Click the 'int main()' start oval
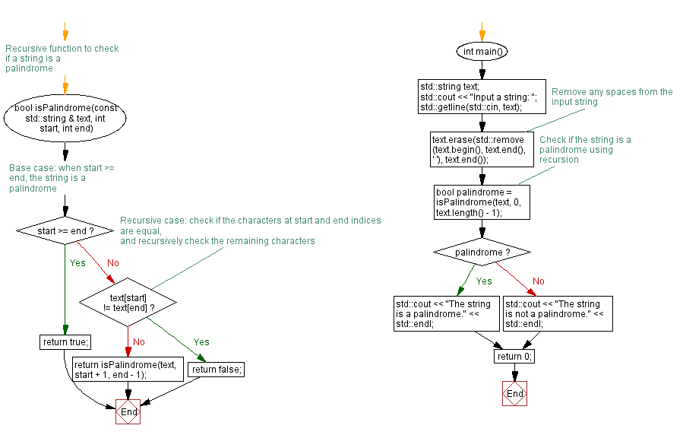point(482,52)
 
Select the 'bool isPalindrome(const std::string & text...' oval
point(65,118)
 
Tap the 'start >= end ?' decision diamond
point(65,230)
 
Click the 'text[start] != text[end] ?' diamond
point(128,302)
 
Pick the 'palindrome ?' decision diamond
point(482,252)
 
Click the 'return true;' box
point(65,342)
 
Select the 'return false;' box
point(217,370)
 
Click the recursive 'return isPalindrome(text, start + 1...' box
point(125,370)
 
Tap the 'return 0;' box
point(514,357)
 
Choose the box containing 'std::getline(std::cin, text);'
point(482,97)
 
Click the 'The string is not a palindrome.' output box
point(558,313)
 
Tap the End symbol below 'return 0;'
point(514,394)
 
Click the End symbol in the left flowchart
point(128,411)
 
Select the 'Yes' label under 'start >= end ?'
point(77,263)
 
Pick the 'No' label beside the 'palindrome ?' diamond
point(538,281)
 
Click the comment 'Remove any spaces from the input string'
point(612,97)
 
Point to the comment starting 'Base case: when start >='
point(61,178)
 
